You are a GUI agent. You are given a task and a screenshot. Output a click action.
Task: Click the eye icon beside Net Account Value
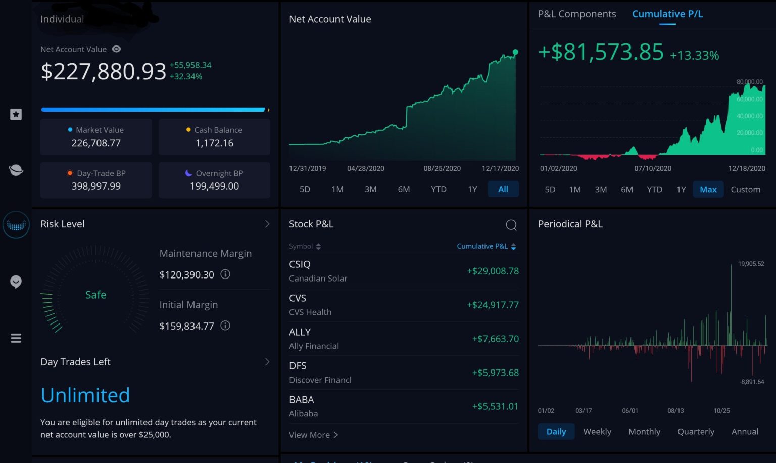pos(116,49)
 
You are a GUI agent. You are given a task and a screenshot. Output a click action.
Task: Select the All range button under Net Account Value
pos(503,189)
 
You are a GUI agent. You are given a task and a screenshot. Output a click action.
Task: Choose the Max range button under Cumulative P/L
pos(708,190)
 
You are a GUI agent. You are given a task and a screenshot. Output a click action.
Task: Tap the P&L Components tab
pos(576,14)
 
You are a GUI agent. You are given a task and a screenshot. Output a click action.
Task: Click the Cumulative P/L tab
pos(667,14)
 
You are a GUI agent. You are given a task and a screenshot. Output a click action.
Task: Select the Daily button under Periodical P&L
pos(556,432)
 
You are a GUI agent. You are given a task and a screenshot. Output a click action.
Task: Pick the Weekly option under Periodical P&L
pos(597,432)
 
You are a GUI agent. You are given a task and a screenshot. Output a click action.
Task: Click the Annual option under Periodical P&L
pos(745,432)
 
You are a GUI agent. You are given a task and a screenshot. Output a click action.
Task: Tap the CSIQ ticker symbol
pos(300,264)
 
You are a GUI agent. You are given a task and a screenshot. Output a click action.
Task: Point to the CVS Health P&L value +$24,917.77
pos(493,305)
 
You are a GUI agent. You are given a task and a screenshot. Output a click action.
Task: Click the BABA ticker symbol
pos(302,400)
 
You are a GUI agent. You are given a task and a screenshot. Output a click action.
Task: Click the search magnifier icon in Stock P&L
pos(511,225)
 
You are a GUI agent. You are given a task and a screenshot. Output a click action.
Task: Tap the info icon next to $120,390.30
pos(225,274)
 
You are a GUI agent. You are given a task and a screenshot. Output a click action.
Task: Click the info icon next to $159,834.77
pos(225,326)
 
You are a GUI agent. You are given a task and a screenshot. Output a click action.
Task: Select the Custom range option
pos(745,190)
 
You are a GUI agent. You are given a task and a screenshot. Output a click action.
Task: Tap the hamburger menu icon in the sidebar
pos(16,338)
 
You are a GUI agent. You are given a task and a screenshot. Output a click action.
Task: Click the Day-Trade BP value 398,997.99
pos(96,186)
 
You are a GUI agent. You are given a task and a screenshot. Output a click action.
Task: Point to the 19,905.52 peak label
pos(751,264)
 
